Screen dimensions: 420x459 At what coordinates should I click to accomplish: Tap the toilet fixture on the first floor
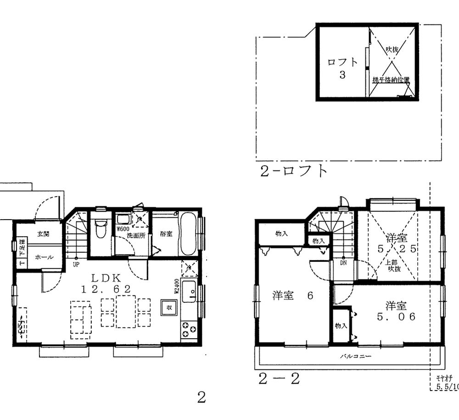click(x=100, y=228)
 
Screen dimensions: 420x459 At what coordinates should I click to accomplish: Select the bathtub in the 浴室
click(x=188, y=234)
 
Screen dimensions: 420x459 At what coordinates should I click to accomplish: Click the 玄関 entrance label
click(x=43, y=234)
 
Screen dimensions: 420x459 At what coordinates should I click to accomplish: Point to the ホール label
click(x=44, y=257)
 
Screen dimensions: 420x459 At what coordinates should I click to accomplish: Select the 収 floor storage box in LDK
click(x=168, y=307)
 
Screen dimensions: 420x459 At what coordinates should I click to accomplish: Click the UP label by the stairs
click(x=76, y=265)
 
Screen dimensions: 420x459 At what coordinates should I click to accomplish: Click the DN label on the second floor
click(x=343, y=264)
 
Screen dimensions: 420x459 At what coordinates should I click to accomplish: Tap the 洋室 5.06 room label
click(x=396, y=311)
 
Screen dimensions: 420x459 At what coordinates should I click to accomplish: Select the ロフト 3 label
click(x=342, y=68)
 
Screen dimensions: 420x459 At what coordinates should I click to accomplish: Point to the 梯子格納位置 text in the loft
click(x=391, y=79)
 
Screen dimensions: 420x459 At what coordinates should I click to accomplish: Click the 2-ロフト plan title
click(x=294, y=171)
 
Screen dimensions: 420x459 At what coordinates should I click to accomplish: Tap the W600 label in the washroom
click(x=123, y=228)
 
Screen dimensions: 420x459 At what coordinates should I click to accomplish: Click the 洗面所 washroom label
click(x=136, y=236)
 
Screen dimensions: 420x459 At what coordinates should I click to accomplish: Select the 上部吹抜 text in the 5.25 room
click(x=394, y=265)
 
